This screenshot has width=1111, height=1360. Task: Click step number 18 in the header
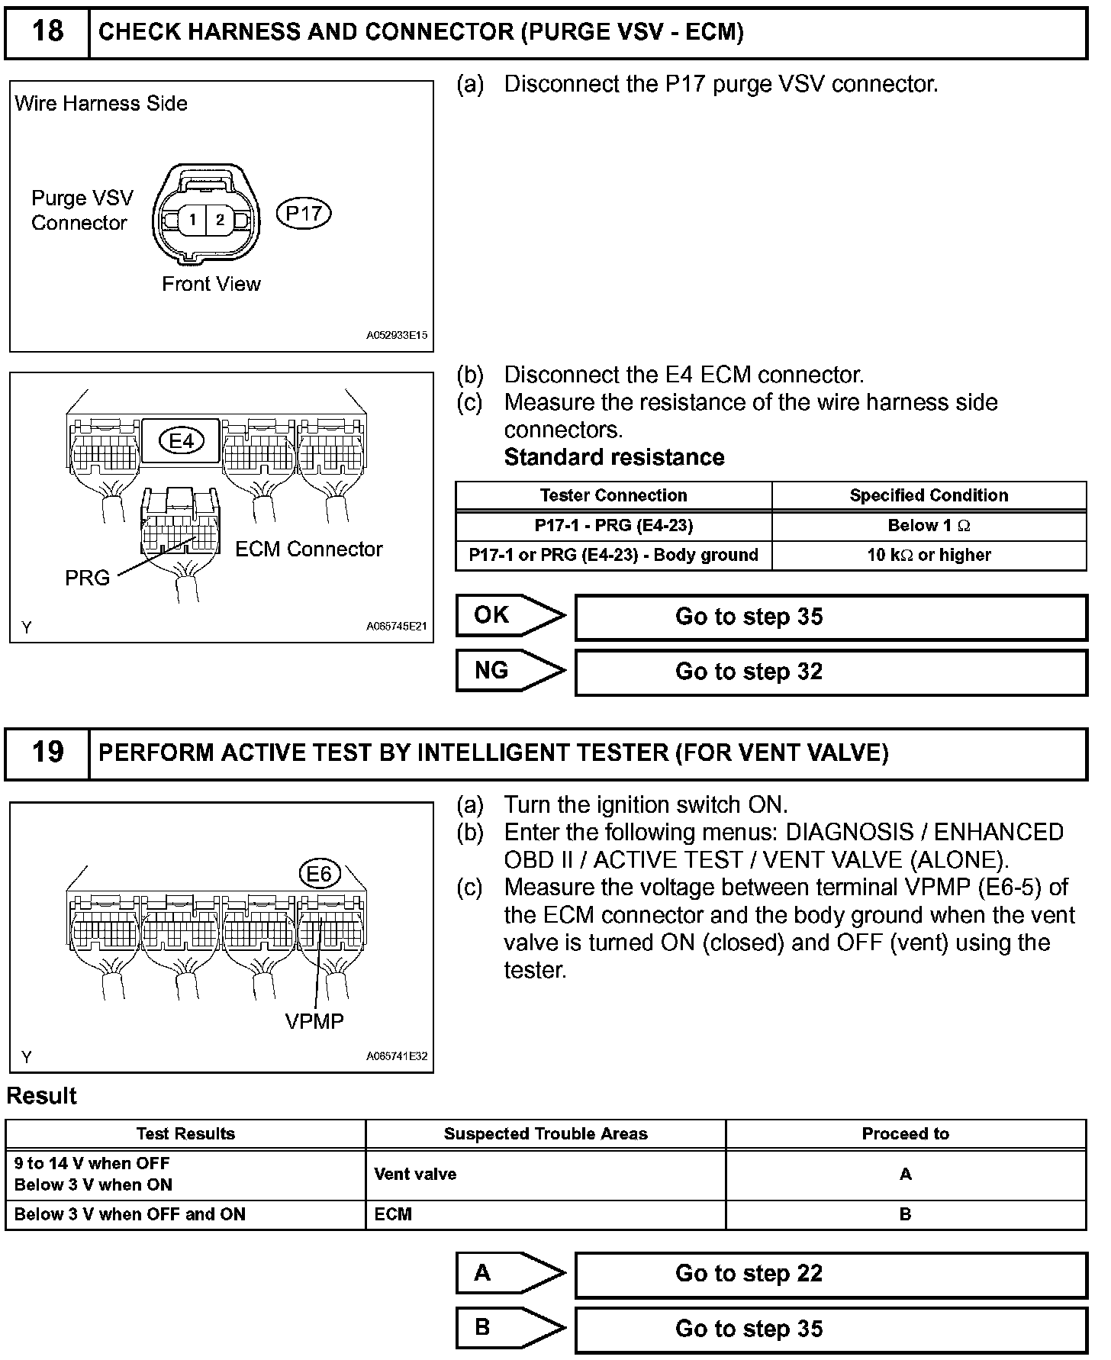[47, 31]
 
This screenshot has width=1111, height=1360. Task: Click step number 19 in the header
[47, 753]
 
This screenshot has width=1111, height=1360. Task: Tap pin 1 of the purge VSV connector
[193, 220]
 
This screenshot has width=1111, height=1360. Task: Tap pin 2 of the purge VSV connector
[220, 220]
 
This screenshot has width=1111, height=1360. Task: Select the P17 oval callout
[304, 213]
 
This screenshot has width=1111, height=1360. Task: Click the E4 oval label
[182, 440]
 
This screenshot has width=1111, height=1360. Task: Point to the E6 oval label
[319, 874]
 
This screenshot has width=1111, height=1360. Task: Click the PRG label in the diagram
[87, 578]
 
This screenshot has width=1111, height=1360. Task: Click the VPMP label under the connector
[314, 1021]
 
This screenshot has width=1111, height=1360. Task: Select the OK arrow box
[510, 615]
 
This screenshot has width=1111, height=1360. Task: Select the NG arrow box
[510, 671]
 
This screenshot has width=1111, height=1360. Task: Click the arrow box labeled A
[510, 1273]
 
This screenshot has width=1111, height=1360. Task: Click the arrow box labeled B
[510, 1328]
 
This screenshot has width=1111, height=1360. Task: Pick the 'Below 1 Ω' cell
[929, 526]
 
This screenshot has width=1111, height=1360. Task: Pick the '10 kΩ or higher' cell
[929, 555]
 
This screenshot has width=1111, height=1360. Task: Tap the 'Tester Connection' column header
[613, 495]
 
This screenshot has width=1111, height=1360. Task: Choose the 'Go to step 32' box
[830, 672]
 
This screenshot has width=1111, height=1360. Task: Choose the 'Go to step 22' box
[830, 1274]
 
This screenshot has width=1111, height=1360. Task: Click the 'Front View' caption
[211, 284]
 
